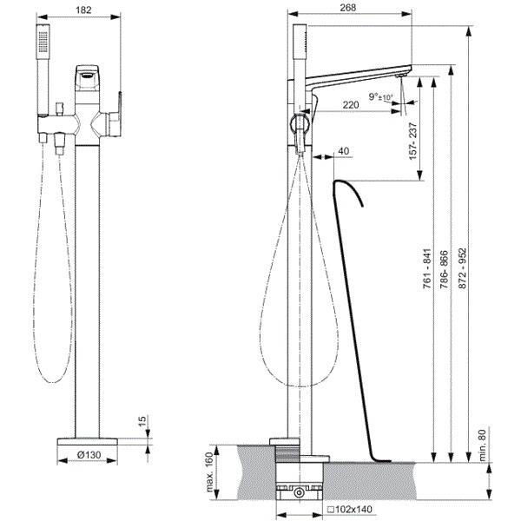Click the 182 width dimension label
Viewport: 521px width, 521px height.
pyautogui.click(x=83, y=10)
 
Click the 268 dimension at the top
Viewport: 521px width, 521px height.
pyautogui.click(x=348, y=7)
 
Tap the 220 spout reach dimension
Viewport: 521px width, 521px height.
pyautogui.click(x=351, y=105)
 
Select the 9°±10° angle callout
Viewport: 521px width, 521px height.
pyautogui.click(x=381, y=97)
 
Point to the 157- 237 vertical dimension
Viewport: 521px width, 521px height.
pyautogui.click(x=413, y=142)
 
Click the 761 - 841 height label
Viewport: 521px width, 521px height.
pyautogui.click(x=427, y=267)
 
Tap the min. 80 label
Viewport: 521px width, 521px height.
pyautogui.click(x=483, y=445)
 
